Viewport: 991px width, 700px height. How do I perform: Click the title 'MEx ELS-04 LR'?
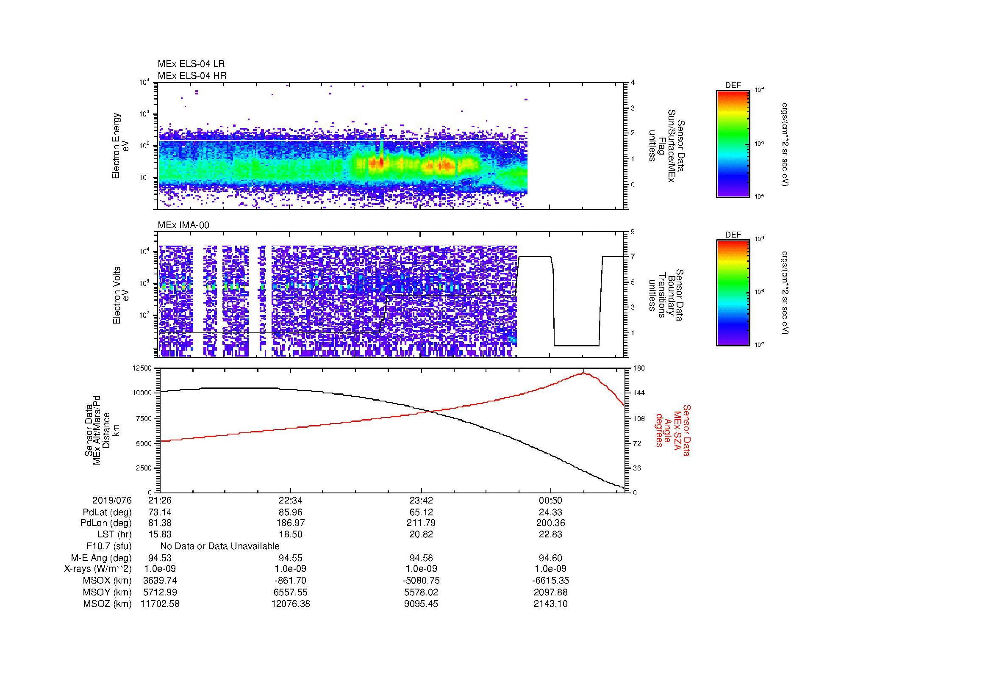click(191, 64)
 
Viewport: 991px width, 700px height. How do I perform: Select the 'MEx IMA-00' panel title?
click(183, 225)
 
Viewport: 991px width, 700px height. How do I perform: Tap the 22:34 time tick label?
click(291, 500)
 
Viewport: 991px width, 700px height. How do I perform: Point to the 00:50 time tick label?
click(550, 500)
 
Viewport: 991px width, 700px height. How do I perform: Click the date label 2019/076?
click(112, 500)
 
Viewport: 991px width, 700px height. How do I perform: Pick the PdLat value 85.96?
click(291, 512)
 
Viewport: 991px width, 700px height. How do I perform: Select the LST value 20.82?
click(421, 534)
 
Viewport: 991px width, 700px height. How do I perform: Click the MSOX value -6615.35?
click(550, 581)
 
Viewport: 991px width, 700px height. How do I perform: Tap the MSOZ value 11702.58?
click(160, 604)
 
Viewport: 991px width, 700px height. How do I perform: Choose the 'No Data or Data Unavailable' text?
click(220, 546)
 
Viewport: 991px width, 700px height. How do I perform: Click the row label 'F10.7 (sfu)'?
click(109, 546)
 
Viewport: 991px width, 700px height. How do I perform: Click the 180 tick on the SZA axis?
click(638, 368)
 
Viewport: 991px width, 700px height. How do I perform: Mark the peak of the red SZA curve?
click(583, 373)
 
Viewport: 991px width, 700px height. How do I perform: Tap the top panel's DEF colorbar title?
click(733, 86)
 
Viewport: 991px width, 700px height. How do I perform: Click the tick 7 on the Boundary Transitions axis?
click(633, 257)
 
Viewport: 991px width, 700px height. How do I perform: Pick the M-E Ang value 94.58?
click(421, 558)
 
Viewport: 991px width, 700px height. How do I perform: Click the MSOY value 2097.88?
click(550, 592)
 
